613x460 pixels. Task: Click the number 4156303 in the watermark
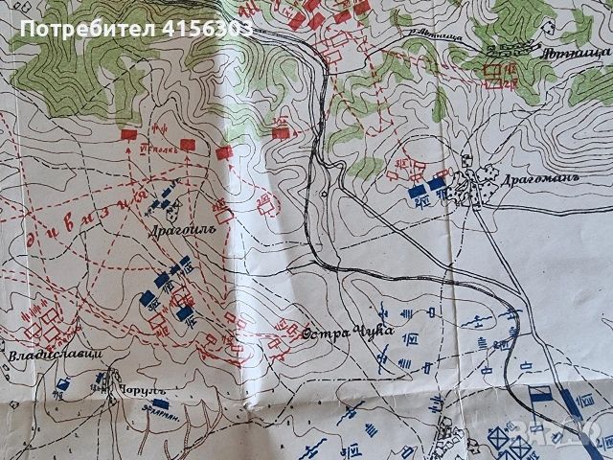click(208, 29)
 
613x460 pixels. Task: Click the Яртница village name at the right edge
click(585, 54)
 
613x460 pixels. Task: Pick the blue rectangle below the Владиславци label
click(62, 384)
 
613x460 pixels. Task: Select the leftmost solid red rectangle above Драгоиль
click(128, 136)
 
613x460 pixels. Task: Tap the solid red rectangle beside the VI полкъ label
click(189, 142)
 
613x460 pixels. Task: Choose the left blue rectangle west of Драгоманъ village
click(418, 191)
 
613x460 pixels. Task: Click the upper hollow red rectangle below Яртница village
click(494, 68)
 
